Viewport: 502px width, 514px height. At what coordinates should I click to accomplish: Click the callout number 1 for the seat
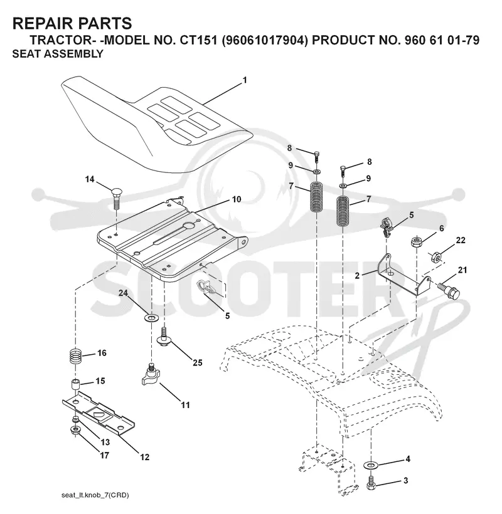click(x=245, y=80)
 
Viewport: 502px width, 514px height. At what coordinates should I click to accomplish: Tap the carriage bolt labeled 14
click(x=115, y=198)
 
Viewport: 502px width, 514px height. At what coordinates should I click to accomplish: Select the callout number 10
click(x=237, y=199)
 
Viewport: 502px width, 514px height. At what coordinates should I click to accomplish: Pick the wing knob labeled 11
click(x=150, y=375)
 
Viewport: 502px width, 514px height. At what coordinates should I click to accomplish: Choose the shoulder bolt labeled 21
click(x=449, y=290)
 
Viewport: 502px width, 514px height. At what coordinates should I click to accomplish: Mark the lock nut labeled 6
click(x=417, y=242)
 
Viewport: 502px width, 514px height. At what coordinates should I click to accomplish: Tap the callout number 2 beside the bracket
click(x=357, y=276)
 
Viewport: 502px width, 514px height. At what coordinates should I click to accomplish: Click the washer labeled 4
click(x=371, y=465)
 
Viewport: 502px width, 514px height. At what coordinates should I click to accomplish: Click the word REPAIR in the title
click(x=40, y=24)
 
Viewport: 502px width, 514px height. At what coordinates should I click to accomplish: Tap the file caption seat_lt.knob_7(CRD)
click(x=95, y=495)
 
